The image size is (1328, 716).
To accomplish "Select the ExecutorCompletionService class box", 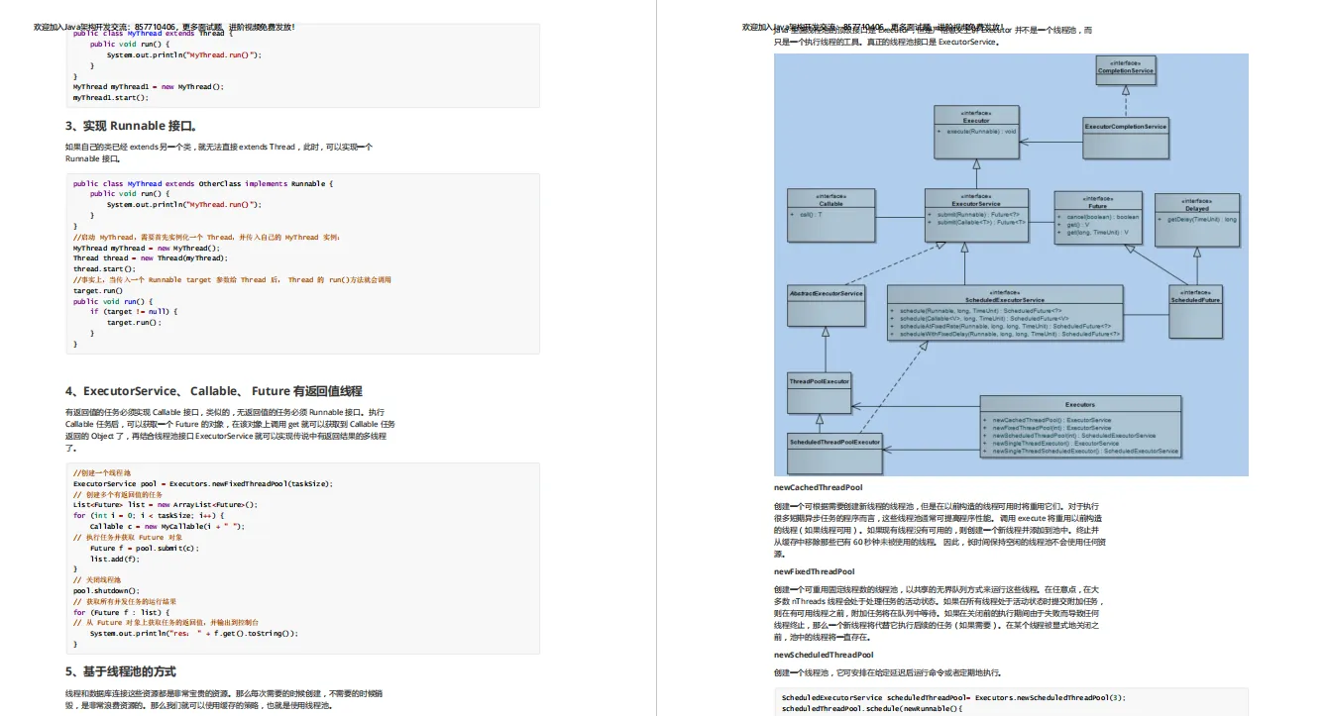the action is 1125,127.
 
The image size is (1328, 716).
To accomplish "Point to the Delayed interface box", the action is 1197,217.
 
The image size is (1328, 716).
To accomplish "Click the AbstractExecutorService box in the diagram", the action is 825,294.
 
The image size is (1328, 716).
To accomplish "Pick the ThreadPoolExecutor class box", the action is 819,381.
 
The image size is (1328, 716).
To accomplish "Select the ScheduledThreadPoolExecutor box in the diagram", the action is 834,442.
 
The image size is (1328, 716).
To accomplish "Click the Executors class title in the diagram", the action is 1080,404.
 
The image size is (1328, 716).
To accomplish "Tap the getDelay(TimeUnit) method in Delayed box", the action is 1200,219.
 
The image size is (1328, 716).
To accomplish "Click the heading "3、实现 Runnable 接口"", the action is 131,126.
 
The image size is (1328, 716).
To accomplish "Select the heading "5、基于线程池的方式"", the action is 121,671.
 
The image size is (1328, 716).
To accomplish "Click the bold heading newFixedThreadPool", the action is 814,571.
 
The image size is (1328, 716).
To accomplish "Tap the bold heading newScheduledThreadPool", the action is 824,655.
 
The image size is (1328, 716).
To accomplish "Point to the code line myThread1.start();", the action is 110,97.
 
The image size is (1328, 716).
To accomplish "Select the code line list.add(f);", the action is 113,559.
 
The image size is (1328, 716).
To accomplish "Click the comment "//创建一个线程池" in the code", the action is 101,473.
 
